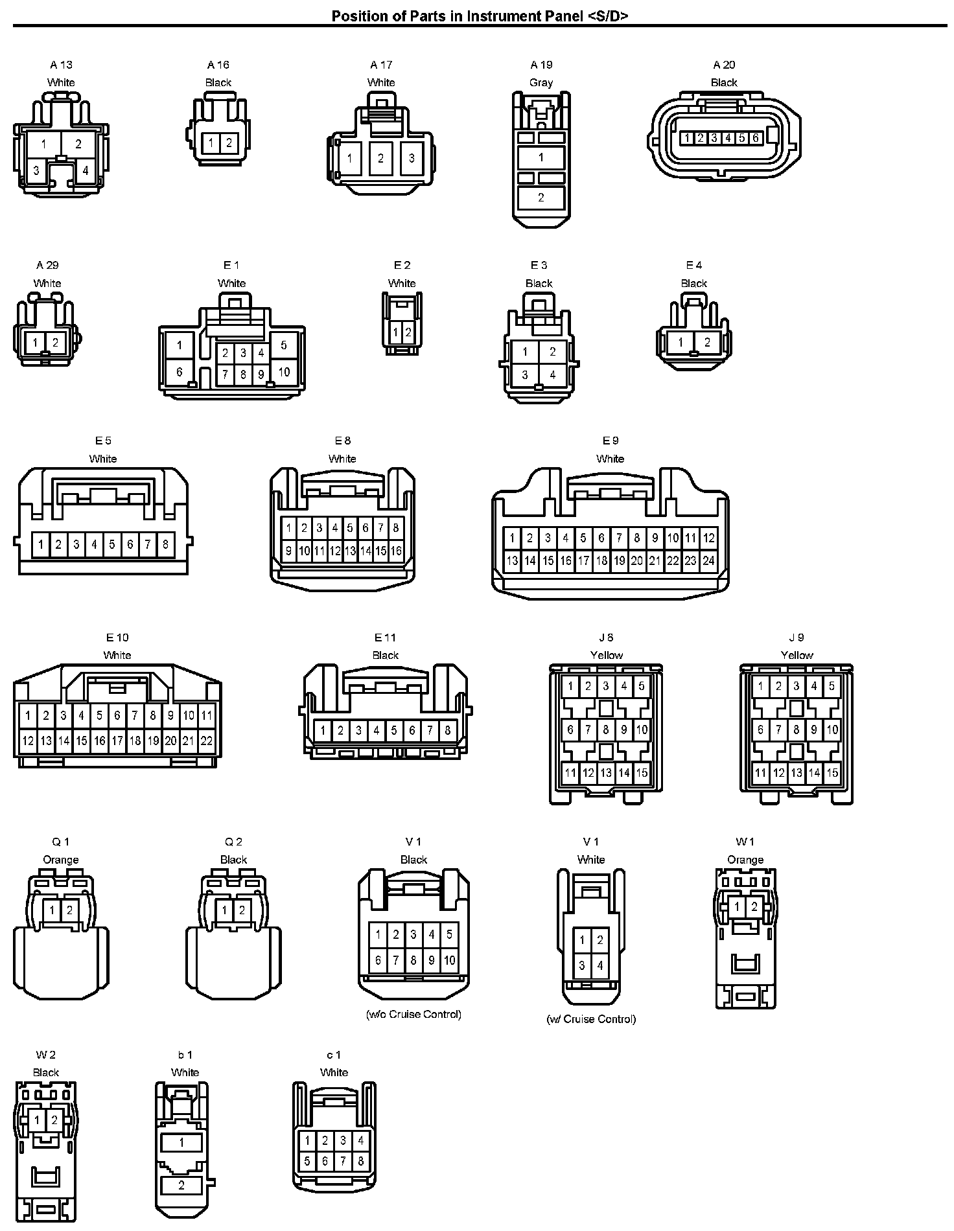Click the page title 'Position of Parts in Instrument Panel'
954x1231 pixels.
tap(480, 16)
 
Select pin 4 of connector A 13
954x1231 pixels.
tap(85, 171)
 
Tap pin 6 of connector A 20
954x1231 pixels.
tap(755, 138)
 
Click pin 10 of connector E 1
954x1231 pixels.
tap(284, 372)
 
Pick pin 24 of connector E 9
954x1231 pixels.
tap(708, 560)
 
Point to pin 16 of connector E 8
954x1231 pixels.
tap(396, 551)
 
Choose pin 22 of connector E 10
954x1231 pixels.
tap(206, 741)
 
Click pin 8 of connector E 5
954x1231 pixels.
tap(165, 545)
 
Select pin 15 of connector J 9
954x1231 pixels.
tap(832, 772)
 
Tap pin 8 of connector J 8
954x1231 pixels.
tap(606, 730)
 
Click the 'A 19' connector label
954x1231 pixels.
tap(541, 65)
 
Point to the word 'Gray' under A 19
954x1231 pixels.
tap(541, 82)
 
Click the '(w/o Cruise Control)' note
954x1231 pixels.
tap(413, 1014)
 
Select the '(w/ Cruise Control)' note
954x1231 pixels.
tap(591, 1019)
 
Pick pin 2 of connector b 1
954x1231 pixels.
tap(181, 1185)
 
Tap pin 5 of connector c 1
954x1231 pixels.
tap(307, 1162)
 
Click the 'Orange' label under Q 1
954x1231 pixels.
tap(61, 860)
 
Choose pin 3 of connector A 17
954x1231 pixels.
tap(412, 158)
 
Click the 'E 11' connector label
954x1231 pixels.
tap(385, 638)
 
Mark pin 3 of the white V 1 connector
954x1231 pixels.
tap(582, 965)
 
